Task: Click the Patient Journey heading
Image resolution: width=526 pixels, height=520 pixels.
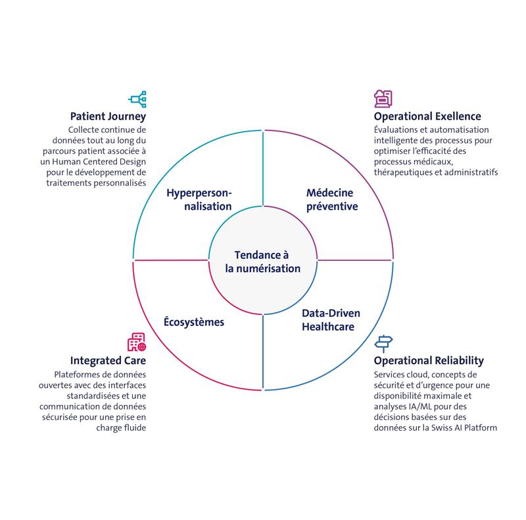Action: click(108, 117)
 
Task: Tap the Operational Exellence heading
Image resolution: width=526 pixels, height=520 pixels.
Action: click(427, 117)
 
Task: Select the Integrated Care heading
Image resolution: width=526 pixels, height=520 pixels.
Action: click(108, 361)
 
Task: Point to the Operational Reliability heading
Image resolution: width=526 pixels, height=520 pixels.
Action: click(429, 361)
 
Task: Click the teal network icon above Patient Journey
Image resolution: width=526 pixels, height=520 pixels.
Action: click(138, 99)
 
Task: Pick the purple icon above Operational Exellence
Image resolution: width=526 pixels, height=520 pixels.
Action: click(383, 99)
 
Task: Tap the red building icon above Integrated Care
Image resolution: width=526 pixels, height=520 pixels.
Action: click(137, 343)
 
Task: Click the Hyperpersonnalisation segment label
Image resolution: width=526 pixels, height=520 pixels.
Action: click(199, 199)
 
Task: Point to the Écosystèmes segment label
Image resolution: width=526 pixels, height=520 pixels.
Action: click(194, 322)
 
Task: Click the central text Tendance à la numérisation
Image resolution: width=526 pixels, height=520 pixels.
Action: click(262, 262)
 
